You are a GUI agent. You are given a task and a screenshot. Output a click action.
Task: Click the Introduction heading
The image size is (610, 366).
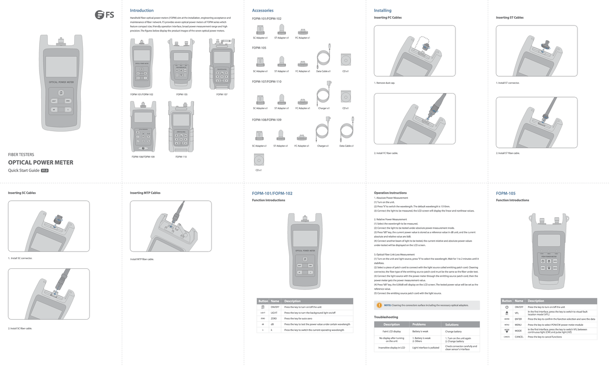142,10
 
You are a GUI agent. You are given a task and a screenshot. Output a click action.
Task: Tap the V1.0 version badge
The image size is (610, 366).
45,170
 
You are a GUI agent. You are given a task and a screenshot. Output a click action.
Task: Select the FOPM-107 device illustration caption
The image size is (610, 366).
222,94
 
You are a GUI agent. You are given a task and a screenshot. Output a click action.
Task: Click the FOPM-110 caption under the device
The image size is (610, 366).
181,157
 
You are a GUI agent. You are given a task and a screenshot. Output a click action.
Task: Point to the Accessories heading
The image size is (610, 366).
263,10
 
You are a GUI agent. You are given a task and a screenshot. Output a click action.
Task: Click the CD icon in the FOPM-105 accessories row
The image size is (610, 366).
346,60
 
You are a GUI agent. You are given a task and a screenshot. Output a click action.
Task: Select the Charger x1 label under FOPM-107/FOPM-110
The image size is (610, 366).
323,108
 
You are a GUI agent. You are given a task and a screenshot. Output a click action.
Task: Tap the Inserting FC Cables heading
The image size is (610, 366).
388,18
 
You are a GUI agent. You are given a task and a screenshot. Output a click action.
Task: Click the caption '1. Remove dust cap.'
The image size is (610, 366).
385,82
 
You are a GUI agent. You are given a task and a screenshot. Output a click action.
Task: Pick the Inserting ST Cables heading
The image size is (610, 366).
510,18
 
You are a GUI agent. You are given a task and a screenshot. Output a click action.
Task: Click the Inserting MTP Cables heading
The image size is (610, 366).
145,193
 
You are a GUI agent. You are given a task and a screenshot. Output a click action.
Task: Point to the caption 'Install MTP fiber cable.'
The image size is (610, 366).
142,259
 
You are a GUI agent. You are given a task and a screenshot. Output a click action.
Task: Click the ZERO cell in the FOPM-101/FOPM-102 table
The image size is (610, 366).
273,318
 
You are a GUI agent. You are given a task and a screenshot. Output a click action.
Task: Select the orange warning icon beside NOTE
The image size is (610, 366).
379,305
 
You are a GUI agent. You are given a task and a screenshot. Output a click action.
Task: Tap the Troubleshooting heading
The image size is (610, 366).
386,317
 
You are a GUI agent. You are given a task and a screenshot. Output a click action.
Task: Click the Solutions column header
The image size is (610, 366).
452,324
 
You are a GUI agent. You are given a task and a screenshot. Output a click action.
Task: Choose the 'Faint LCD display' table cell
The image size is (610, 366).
391,331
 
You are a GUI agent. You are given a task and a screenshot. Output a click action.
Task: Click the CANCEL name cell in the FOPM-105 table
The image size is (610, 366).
519,337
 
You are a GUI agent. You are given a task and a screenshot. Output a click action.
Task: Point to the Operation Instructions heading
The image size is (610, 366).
390,193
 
